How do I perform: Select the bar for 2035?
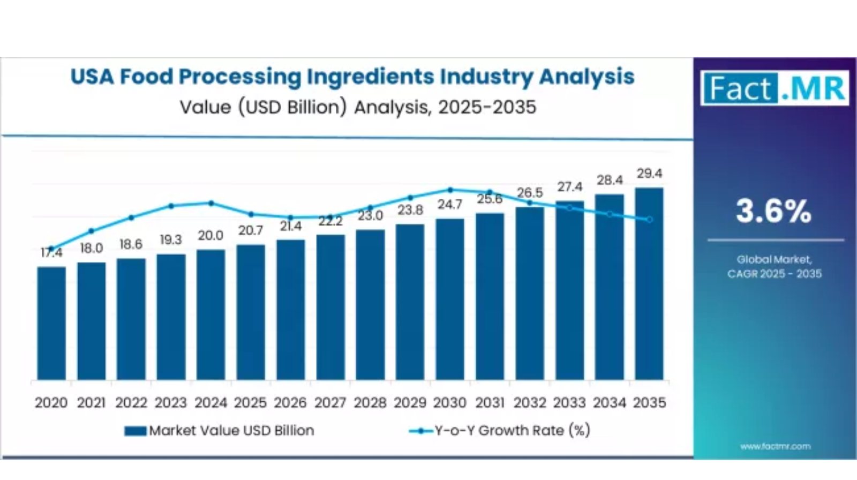(x=649, y=283)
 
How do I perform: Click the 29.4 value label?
(x=649, y=174)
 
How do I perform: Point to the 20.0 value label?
(x=211, y=236)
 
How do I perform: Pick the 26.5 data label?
(x=530, y=192)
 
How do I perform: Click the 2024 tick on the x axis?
(x=211, y=403)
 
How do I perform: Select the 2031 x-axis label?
(x=490, y=403)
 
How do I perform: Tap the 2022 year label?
(x=131, y=403)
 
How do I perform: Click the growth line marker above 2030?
(x=450, y=190)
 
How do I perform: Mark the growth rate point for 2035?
(x=650, y=220)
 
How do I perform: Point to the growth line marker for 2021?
(x=91, y=231)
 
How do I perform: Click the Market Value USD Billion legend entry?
(x=220, y=431)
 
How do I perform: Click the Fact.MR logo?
(x=775, y=88)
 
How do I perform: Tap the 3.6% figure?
(x=773, y=211)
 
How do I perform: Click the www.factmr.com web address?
(x=775, y=446)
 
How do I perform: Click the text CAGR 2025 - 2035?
(x=774, y=274)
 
